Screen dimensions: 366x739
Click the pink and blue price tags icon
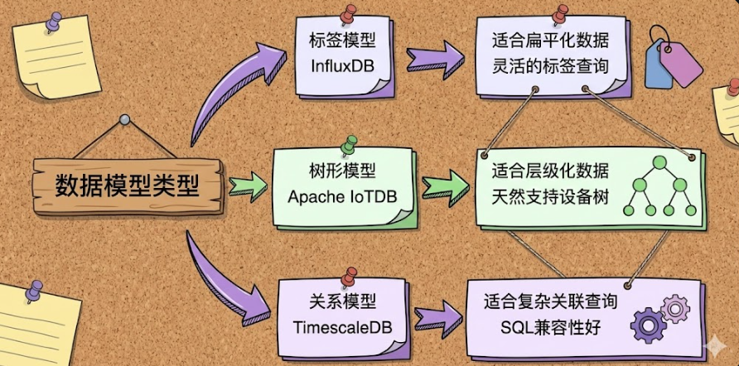672,56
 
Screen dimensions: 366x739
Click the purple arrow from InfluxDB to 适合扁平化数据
435,59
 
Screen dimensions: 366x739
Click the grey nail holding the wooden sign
124,120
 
